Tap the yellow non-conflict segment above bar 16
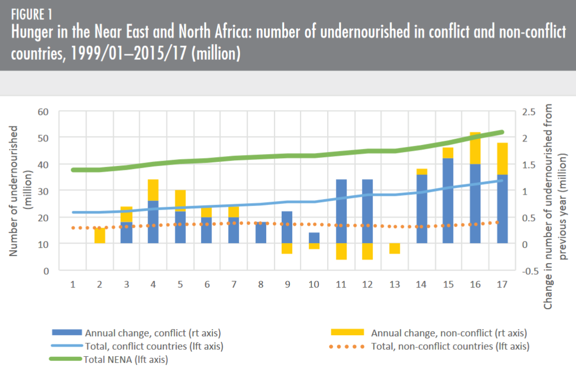tap(475, 148)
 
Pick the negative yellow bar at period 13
tap(395, 248)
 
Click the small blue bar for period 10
tap(314, 238)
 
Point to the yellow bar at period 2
tap(100, 236)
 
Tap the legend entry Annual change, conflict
tap(153, 333)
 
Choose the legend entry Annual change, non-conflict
tap(449, 333)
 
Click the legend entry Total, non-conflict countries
tap(449, 346)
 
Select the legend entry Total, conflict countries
tap(154, 346)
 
